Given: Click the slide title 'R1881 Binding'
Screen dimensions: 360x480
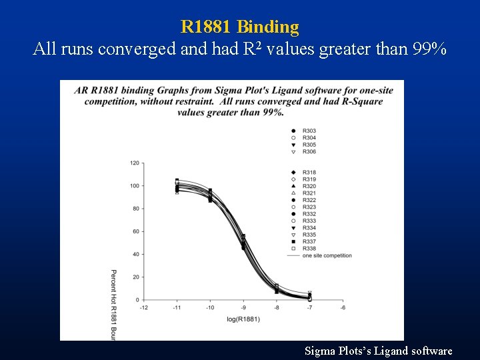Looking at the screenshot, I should point(240,27).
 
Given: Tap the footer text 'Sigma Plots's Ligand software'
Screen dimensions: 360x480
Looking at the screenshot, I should point(378,351).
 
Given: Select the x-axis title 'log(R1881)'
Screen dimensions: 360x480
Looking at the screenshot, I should point(243,319).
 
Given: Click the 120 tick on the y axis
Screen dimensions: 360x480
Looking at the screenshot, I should point(135,163).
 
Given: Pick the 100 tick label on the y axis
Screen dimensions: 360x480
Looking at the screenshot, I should point(135,186).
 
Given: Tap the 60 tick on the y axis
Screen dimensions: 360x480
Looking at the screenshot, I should point(136,231).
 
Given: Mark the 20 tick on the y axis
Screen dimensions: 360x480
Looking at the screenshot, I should point(136,277).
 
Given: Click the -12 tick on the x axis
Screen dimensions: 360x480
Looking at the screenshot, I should point(143,308).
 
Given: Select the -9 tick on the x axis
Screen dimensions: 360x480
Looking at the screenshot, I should point(243,308).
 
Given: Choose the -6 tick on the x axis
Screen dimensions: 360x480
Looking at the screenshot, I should point(343,308).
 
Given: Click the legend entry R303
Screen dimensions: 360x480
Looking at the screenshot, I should point(309,131).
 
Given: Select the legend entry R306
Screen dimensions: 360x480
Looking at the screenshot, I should point(309,152).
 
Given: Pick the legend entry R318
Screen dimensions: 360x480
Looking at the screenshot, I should point(309,173).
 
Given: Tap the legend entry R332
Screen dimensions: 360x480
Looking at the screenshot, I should point(309,214).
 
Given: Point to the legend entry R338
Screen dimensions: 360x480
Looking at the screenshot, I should point(309,249).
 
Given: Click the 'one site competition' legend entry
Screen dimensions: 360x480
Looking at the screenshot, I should point(326,256).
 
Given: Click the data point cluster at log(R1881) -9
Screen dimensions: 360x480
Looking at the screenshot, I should point(243,242).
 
